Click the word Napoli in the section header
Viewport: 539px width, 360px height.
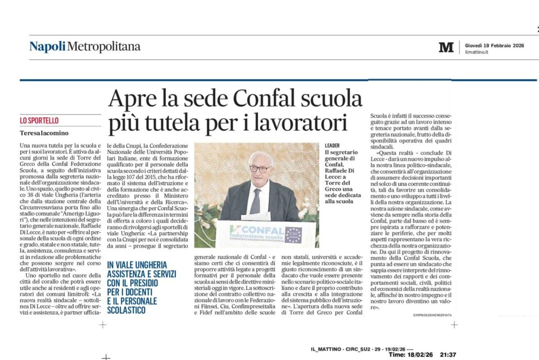(x=48, y=47)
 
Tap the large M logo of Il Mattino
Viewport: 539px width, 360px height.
(x=446, y=48)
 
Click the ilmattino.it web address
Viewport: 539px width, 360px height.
(x=477, y=52)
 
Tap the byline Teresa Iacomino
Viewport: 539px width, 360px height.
(x=44, y=133)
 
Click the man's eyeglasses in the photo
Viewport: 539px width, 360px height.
(x=260, y=168)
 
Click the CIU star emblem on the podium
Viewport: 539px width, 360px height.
(x=293, y=234)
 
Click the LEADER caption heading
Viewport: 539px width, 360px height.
(x=332, y=145)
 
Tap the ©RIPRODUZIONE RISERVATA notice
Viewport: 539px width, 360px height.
(x=432, y=315)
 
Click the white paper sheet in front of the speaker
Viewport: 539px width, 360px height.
(x=256, y=216)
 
